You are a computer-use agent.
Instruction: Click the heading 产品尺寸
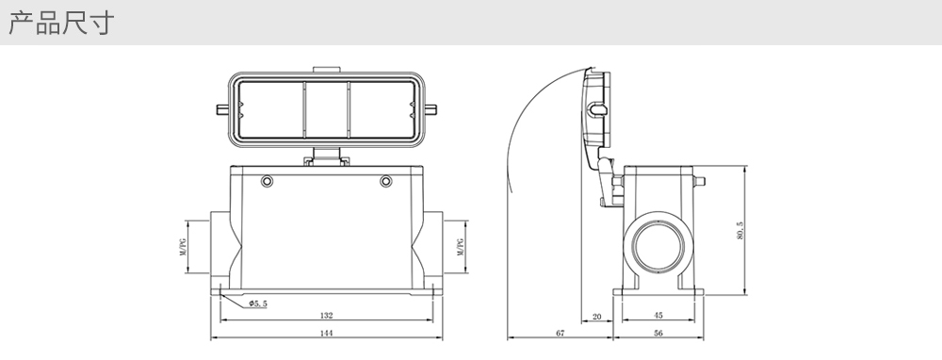point(60,23)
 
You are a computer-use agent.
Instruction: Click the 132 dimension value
point(326,315)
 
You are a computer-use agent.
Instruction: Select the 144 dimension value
point(326,333)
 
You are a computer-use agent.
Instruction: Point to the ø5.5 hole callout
point(258,303)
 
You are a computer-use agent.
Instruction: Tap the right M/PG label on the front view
point(461,247)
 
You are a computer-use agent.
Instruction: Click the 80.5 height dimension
point(740,230)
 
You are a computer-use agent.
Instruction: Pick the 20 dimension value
point(596,316)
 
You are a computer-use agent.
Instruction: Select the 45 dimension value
point(658,316)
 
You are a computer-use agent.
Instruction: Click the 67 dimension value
point(560,333)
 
